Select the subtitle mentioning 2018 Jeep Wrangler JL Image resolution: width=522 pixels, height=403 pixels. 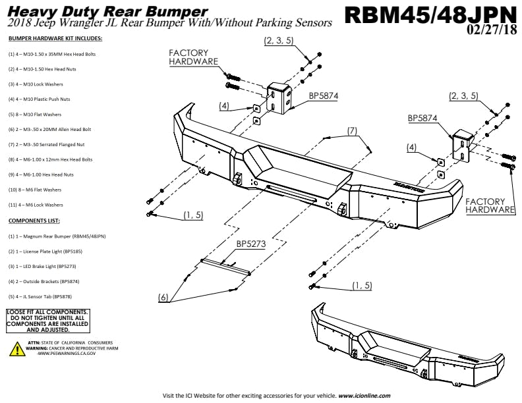[x=170, y=23]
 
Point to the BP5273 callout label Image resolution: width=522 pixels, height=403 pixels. [x=251, y=244]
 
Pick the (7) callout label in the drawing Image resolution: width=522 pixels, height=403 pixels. [x=353, y=131]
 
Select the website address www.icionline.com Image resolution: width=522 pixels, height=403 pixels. [x=364, y=396]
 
